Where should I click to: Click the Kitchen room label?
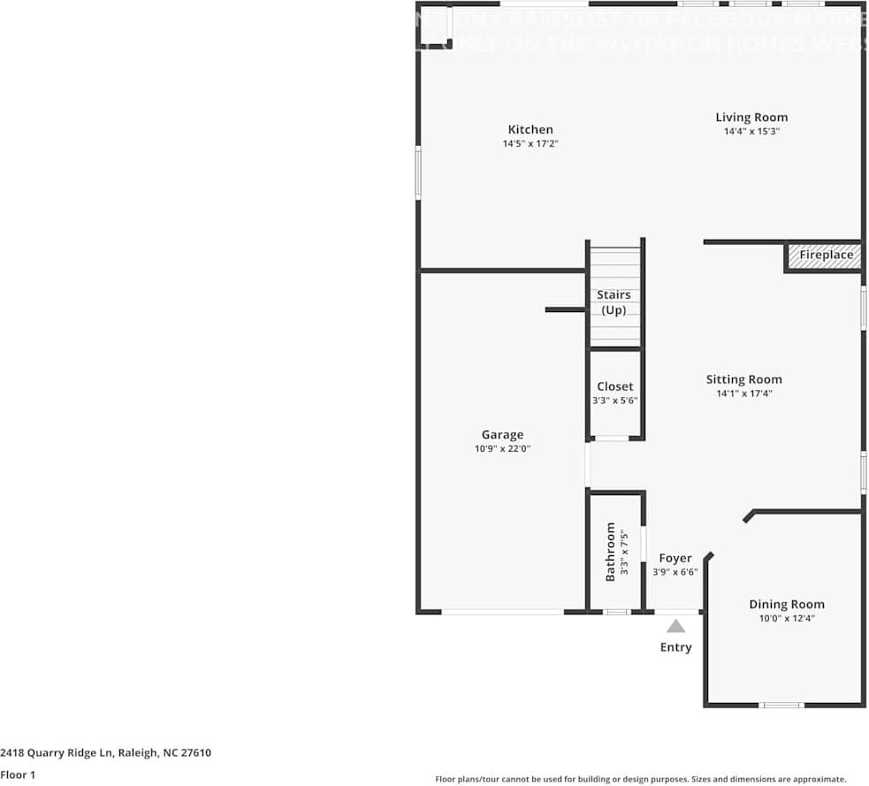(530, 130)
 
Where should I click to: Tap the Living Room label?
(751, 118)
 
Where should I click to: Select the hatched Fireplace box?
(826, 256)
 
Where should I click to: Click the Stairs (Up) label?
(614, 302)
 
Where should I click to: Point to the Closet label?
(614, 386)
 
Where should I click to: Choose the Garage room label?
(502, 434)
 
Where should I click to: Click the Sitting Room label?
(743, 379)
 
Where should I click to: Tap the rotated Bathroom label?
(610, 552)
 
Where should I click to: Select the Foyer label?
(675, 558)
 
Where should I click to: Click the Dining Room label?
(787, 605)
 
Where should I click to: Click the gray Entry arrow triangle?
(675, 626)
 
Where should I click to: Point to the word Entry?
(675, 647)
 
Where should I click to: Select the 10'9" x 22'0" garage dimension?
(502, 448)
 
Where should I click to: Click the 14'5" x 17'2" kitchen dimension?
(530, 143)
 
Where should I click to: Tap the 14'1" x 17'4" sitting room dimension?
(743, 394)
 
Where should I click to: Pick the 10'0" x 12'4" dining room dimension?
(787, 619)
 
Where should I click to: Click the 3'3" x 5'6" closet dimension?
(614, 401)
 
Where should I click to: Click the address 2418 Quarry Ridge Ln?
(106, 753)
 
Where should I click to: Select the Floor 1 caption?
(18, 775)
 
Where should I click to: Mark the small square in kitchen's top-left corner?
(434, 31)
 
